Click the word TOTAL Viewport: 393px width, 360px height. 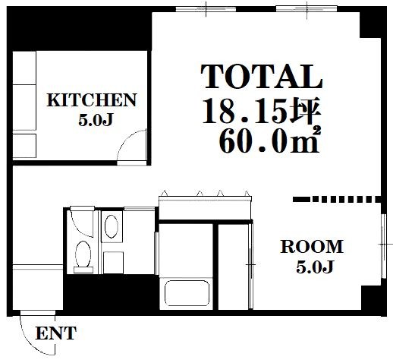262,76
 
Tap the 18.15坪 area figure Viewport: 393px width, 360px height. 262,111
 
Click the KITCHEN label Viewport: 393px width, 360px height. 92,100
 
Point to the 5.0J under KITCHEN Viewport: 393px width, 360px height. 96,120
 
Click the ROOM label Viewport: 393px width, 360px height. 312,247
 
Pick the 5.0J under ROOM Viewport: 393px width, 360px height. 314,267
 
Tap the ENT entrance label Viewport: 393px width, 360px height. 56,333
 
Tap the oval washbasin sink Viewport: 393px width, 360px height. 112,226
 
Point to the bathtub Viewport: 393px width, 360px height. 187,293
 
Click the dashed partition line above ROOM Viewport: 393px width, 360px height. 337,199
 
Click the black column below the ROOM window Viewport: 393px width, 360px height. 373,301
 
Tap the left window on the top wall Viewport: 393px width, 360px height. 206,9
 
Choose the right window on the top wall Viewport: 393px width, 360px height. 307,9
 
